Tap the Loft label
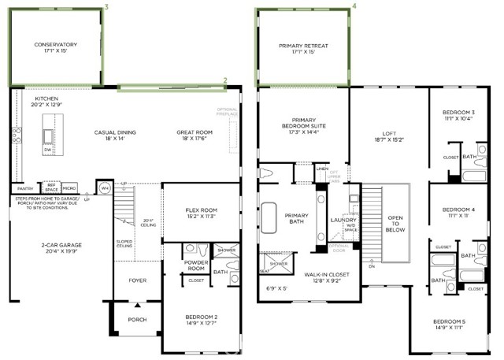389,136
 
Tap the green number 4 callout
354,6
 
